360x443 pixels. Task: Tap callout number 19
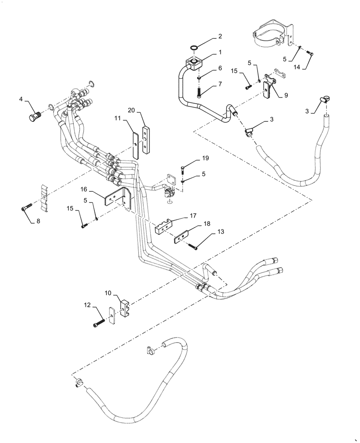click(206, 158)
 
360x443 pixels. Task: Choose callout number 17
click(193, 216)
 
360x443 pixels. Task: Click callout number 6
click(220, 68)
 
